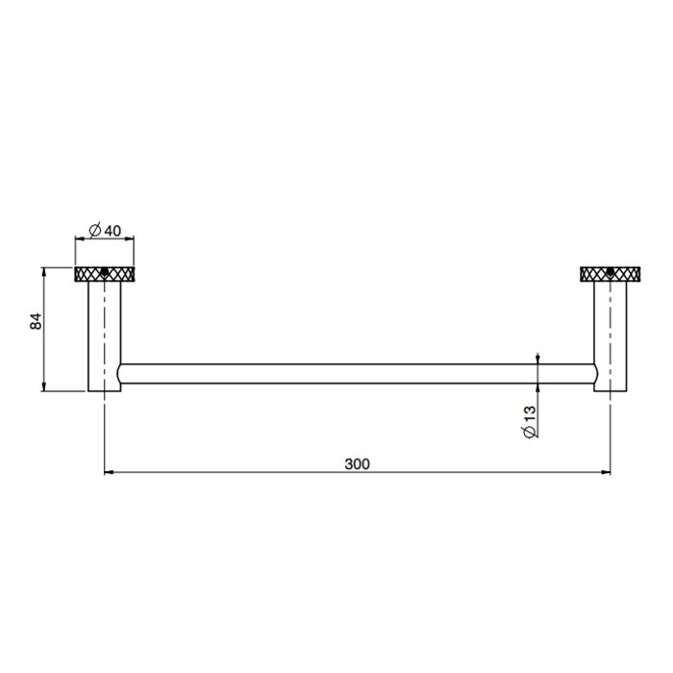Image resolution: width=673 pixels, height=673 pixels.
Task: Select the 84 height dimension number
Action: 37,322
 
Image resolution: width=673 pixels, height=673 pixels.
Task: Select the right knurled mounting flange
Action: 610,274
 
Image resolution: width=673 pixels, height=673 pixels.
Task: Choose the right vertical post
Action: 610,332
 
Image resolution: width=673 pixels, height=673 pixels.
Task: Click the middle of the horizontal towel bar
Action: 357,374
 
